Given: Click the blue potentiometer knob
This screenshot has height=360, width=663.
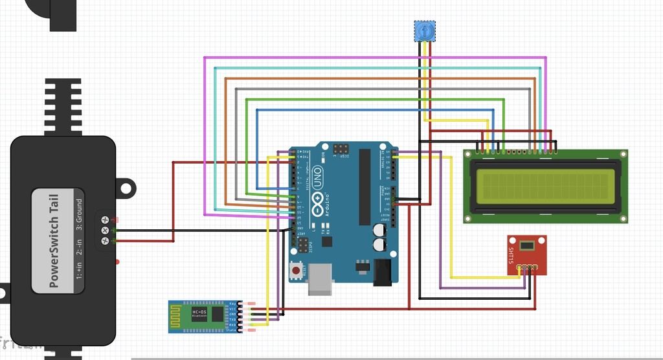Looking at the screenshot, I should point(425,30).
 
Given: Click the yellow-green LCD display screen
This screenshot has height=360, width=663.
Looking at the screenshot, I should point(545,185).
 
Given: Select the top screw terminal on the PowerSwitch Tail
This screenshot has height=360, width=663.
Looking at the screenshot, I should point(105,220).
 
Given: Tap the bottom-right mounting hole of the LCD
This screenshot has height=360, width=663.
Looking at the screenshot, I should point(623,219).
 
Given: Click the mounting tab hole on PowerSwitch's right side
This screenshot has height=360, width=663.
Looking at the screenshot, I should point(126,188).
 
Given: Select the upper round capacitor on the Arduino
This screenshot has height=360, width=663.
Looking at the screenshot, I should point(378,229).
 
